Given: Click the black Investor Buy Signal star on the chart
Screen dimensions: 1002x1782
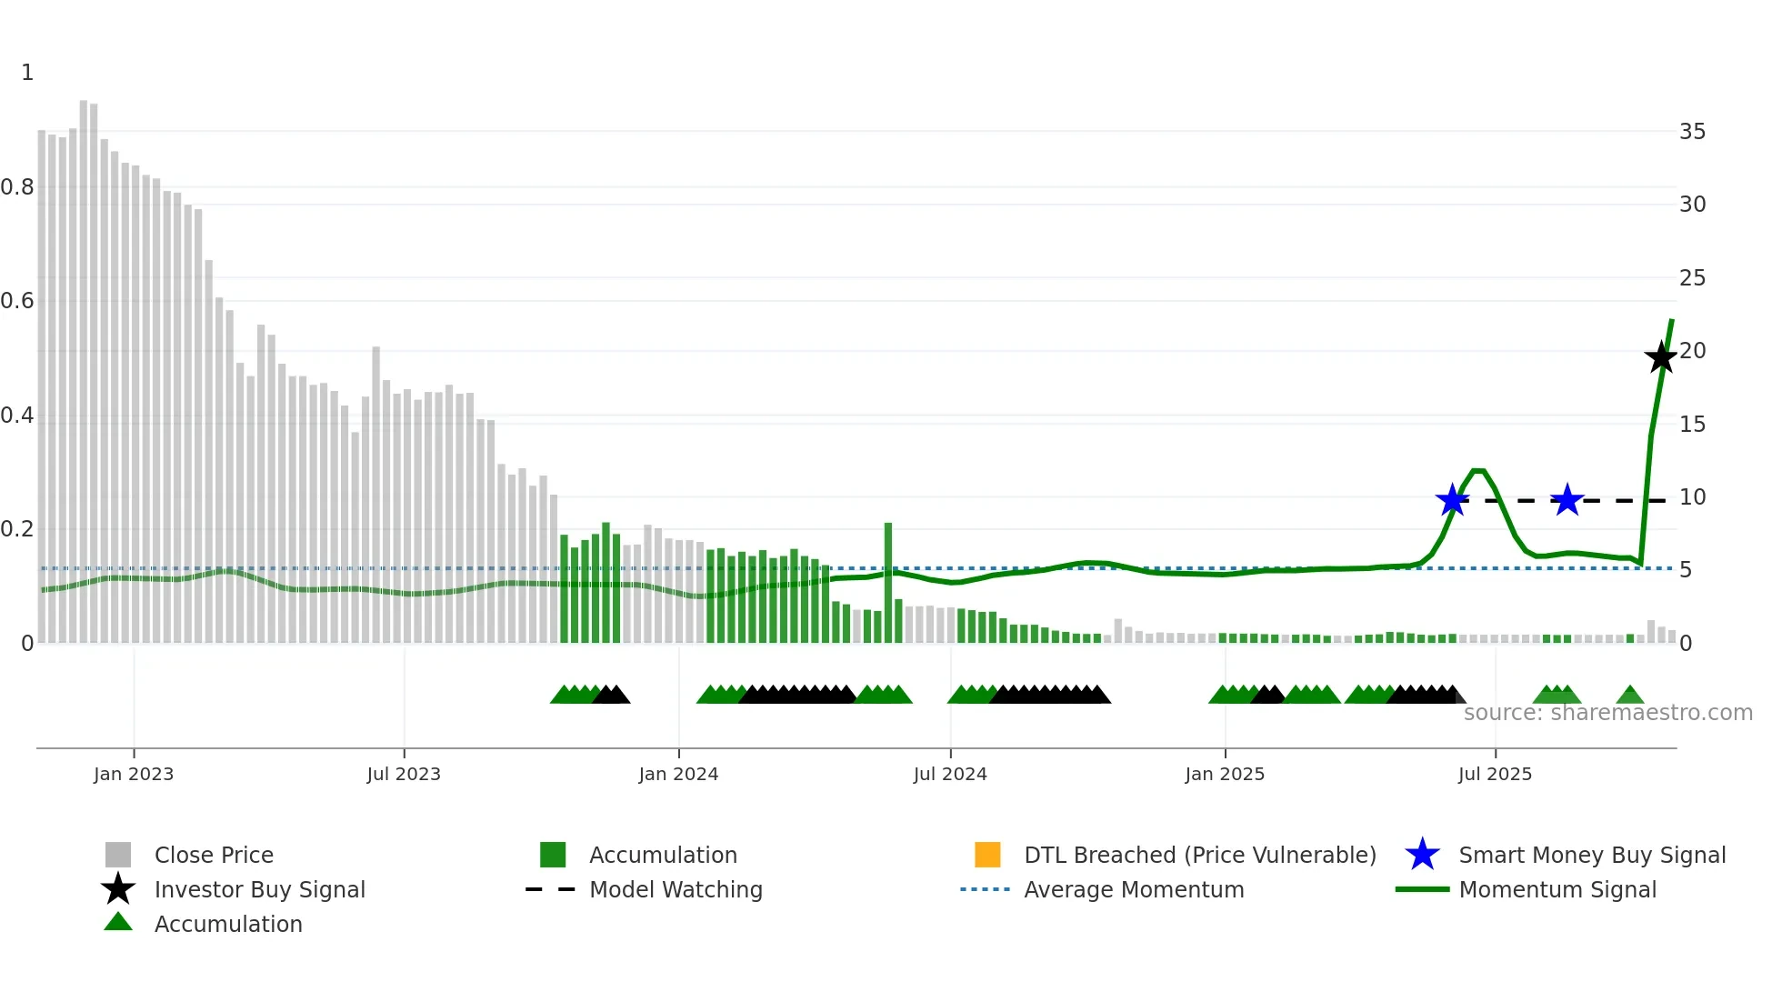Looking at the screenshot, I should tap(1661, 357).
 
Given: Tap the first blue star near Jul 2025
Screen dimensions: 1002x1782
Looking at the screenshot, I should tap(1453, 500).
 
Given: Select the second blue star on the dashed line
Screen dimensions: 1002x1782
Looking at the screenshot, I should tap(1567, 500).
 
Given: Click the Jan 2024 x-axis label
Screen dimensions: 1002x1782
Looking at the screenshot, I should tap(678, 774).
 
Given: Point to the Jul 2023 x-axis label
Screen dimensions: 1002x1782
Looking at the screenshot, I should tap(404, 774).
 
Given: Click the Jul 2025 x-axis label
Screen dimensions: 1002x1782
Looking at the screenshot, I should tap(1495, 774).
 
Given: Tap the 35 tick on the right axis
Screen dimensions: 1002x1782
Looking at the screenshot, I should tap(1692, 132).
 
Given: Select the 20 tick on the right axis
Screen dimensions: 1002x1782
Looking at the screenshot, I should tap(1692, 351).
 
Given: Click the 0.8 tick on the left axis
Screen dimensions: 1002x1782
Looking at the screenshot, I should tap(17, 187).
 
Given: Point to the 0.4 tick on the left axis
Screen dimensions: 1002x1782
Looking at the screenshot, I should tap(17, 416).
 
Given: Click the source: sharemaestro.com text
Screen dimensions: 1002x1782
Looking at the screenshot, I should tap(1607, 713).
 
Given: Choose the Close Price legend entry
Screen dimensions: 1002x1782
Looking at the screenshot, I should tap(214, 855).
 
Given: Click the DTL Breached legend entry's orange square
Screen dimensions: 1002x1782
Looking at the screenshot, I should tap(987, 855).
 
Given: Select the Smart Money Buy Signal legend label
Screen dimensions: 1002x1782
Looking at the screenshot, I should tap(1592, 855).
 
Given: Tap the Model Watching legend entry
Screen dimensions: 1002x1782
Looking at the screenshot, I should tap(676, 889).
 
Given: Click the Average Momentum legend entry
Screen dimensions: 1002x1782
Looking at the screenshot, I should tap(1134, 889).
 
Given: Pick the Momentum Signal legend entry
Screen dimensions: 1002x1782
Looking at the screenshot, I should tap(1557, 889).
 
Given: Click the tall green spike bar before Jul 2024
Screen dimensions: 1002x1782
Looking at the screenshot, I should tap(888, 582).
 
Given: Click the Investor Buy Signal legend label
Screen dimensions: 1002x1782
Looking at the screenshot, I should tap(260, 889).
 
